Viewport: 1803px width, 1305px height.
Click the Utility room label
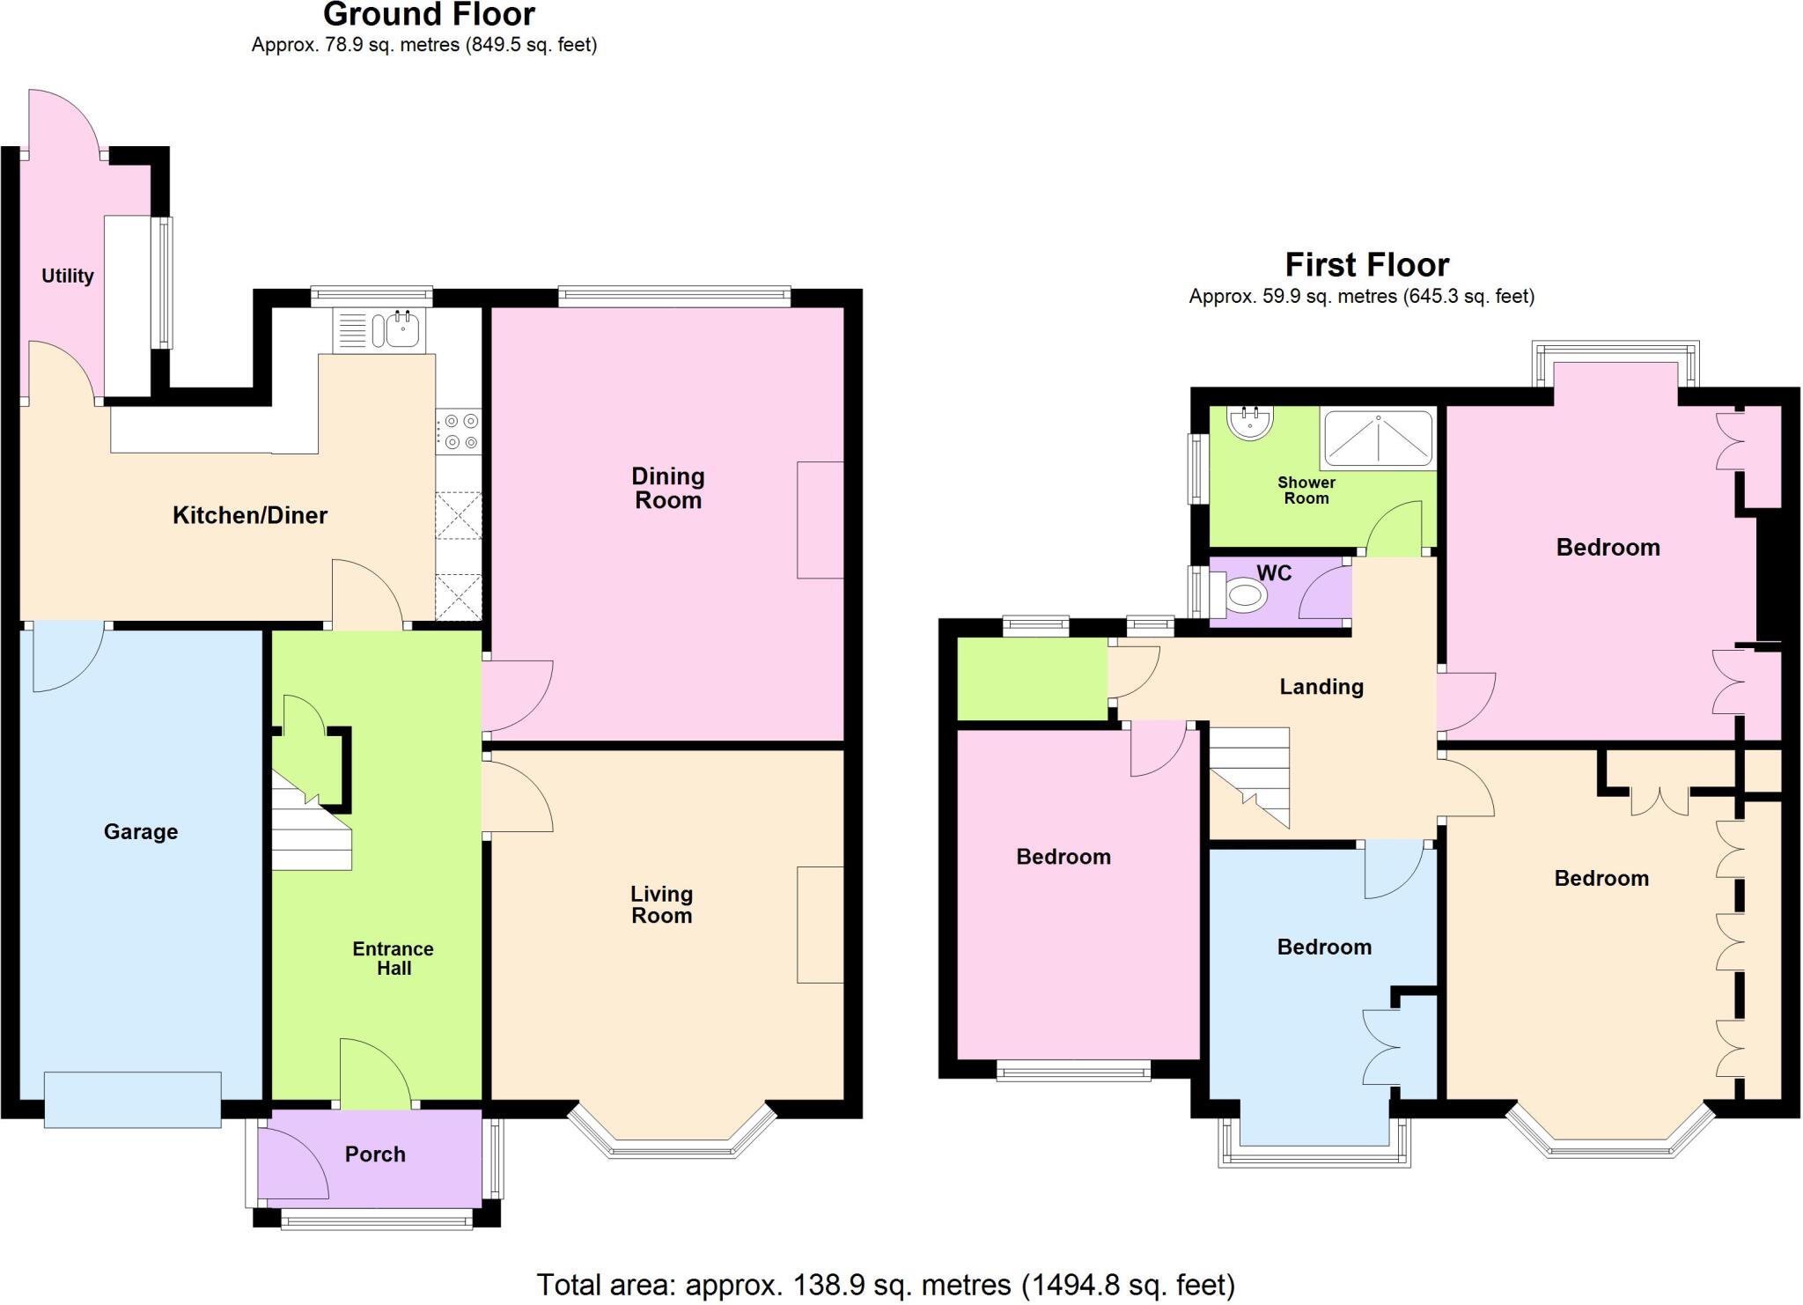(67, 276)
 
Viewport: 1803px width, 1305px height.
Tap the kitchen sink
(401, 330)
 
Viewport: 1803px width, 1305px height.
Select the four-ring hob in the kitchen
(458, 431)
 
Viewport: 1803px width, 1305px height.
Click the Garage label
(141, 831)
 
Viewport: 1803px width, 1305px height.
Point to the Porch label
(375, 1154)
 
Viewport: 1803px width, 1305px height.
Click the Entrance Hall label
(394, 958)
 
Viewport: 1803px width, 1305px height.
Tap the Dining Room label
(668, 488)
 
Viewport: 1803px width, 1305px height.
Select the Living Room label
(661, 904)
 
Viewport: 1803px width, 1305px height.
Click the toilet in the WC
(1241, 596)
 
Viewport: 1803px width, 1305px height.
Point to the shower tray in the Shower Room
(1378, 438)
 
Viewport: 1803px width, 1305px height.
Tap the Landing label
(1321, 687)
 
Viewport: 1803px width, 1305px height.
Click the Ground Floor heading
(429, 15)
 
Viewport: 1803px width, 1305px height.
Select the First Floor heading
(1366, 264)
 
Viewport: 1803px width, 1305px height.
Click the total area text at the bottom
(886, 1285)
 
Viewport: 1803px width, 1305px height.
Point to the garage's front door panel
(132, 1099)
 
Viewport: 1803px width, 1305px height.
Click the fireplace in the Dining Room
(821, 520)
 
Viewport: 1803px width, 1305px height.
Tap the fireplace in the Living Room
(821, 925)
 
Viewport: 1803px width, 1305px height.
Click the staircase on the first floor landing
(1250, 775)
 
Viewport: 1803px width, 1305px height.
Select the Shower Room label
(1306, 490)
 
